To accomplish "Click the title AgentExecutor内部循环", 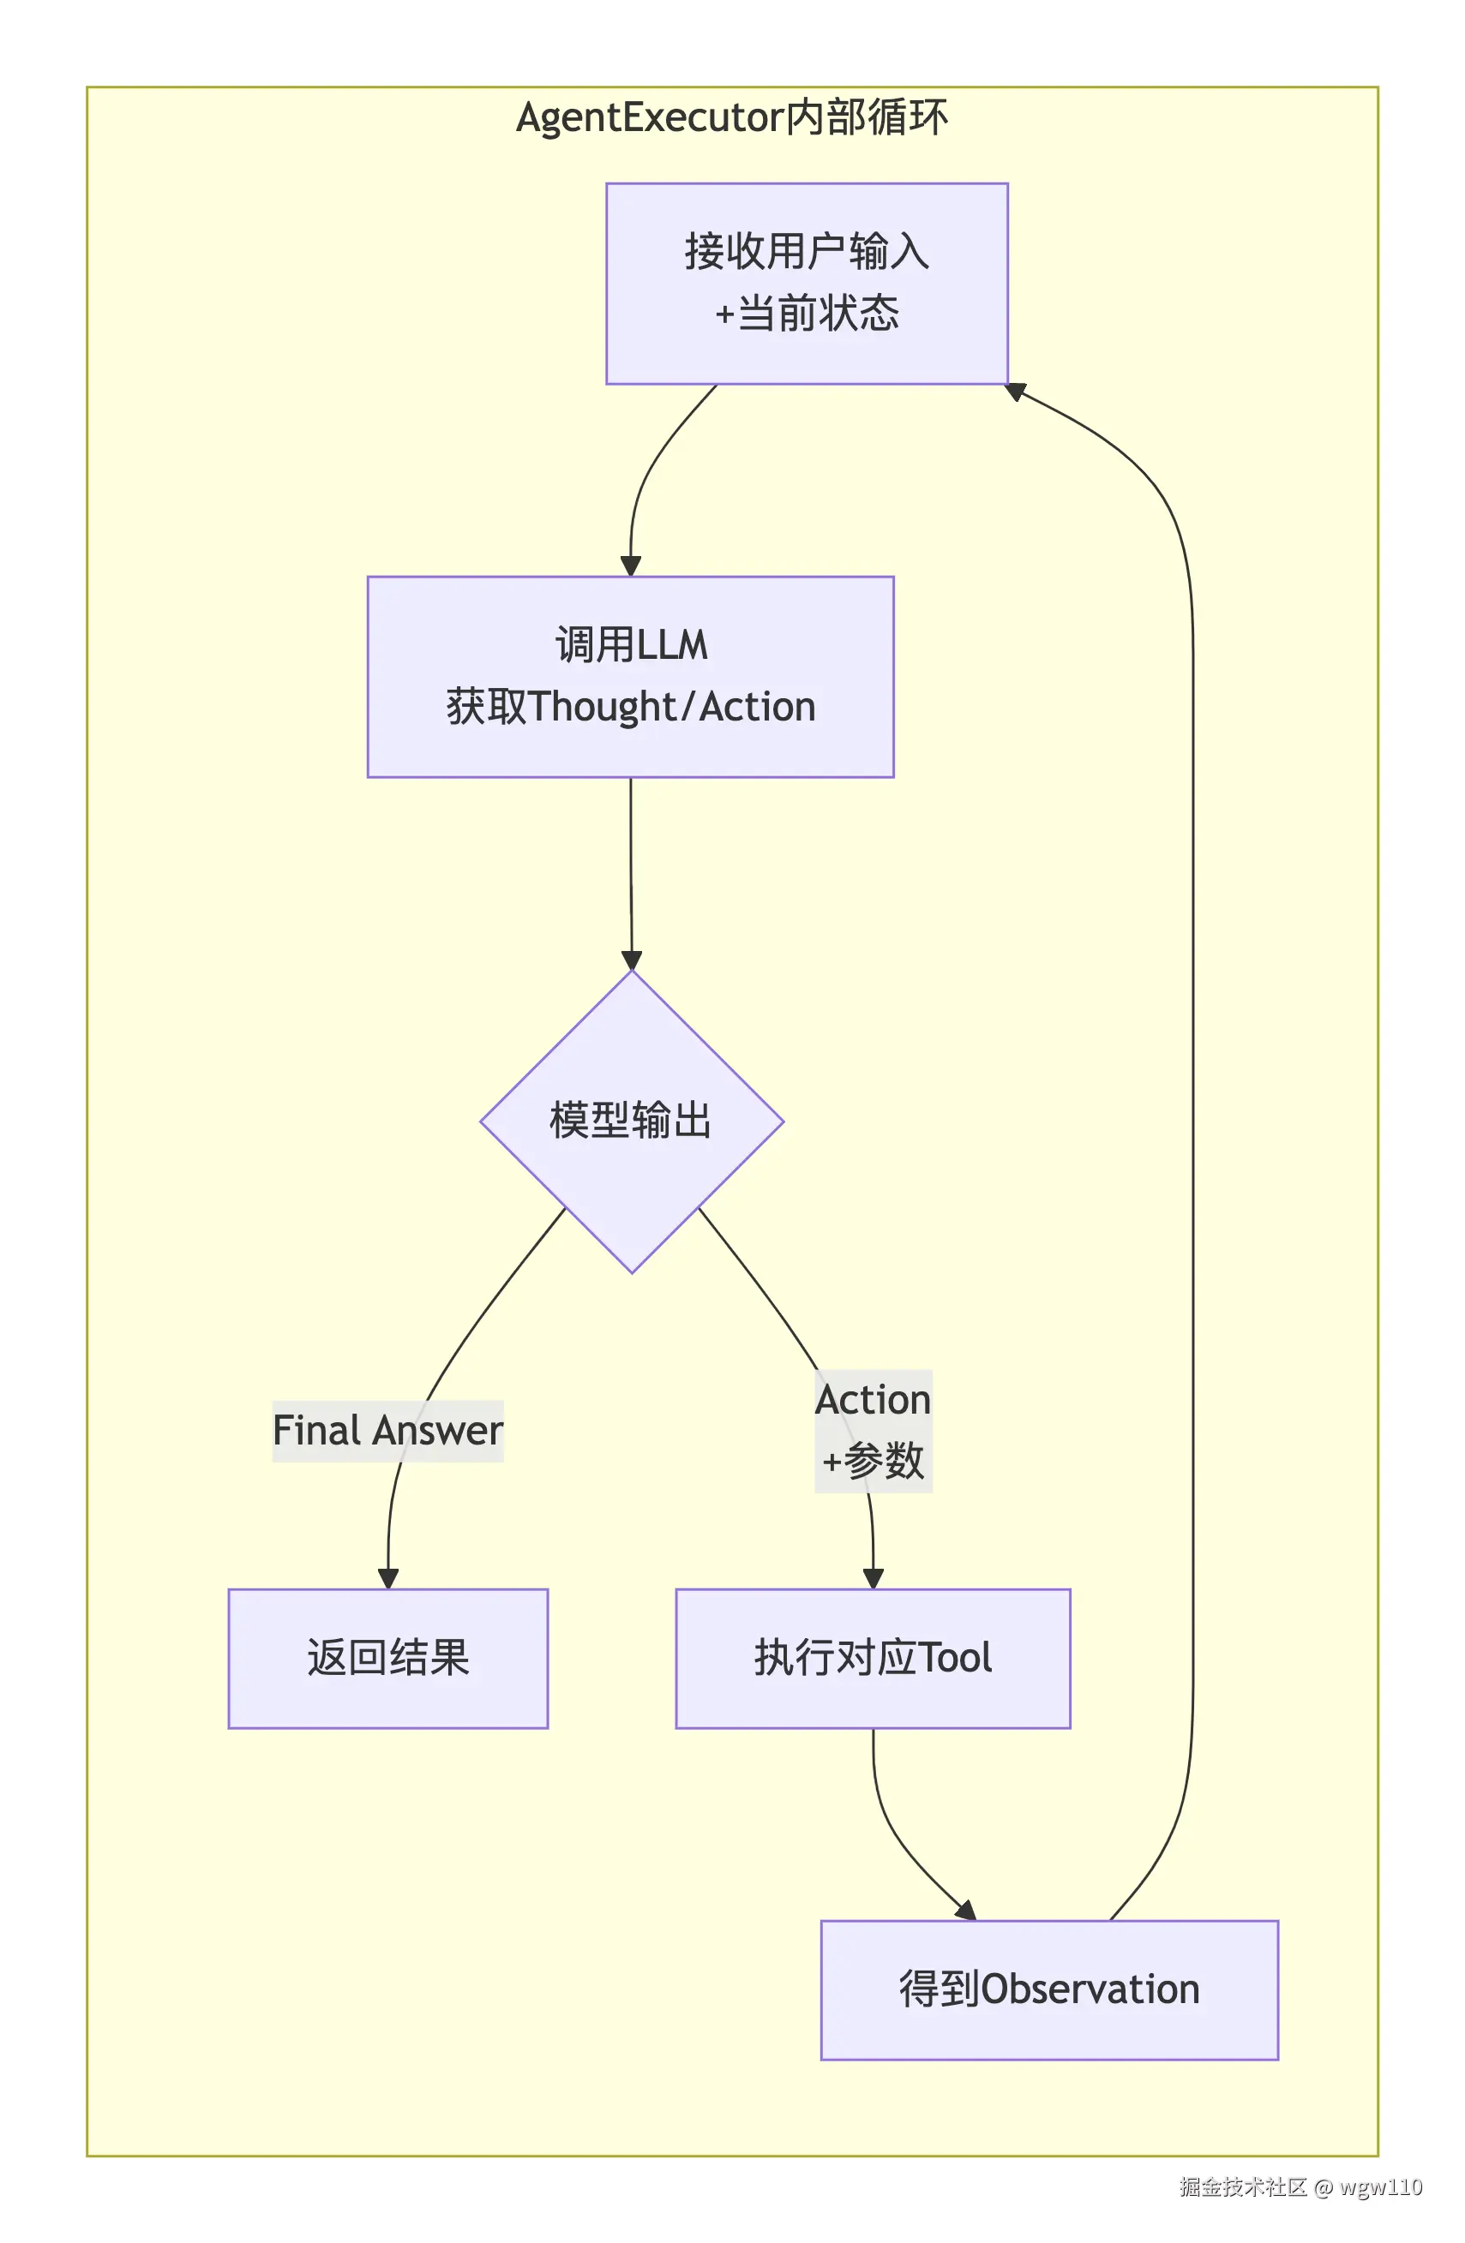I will (730, 118).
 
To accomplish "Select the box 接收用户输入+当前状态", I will (806, 283).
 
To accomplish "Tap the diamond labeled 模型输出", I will (631, 1121).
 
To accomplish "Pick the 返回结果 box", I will (387, 1658).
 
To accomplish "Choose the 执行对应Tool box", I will (872, 1658).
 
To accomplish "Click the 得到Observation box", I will (1048, 1989).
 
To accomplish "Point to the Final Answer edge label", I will (387, 1430).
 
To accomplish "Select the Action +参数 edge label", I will (873, 1430).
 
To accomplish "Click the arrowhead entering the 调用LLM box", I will (631, 565).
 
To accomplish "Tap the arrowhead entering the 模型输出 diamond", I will (632, 960).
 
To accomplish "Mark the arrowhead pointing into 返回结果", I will (387, 1578).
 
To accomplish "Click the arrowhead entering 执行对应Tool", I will (873, 1578).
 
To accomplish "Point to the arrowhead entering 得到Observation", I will (965, 1911).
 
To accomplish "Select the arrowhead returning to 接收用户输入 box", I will (1015, 390).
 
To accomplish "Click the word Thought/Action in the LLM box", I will (671, 707).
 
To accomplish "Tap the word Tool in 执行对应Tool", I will (954, 1658).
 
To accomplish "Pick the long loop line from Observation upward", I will (1192, 1131).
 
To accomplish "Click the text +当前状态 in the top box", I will (806, 313).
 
